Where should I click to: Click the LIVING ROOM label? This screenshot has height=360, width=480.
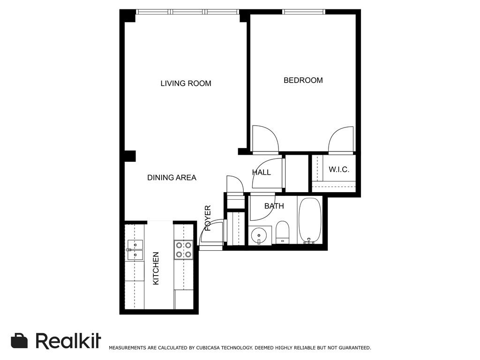[186, 83]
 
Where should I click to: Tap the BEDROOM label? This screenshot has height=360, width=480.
[303, 80]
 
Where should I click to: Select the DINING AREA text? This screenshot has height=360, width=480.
[172, 178]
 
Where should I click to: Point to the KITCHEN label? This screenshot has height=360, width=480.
[156, 268]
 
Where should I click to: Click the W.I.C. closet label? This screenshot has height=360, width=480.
[339, 170]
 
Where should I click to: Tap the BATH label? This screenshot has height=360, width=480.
[274, 206]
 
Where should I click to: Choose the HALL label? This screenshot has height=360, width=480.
[262, 172]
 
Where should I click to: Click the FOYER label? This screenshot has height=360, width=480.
[208, 218]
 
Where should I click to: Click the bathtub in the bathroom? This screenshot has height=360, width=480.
[310, 220]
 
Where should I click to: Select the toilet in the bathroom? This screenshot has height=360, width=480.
[282, 232]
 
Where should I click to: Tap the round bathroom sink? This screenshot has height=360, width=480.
[259, 236]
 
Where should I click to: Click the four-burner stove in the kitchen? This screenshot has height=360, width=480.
[183, 249]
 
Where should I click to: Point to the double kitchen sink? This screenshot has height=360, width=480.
[135, 250]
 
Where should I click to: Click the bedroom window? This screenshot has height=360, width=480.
[303, 12]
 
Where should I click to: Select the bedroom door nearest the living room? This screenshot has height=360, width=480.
[265, 139]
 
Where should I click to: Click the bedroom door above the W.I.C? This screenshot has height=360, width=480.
[341, 140]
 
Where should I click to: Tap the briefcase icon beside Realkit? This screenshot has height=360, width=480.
[19, 340]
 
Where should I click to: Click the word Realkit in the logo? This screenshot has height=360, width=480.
[68, 340]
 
